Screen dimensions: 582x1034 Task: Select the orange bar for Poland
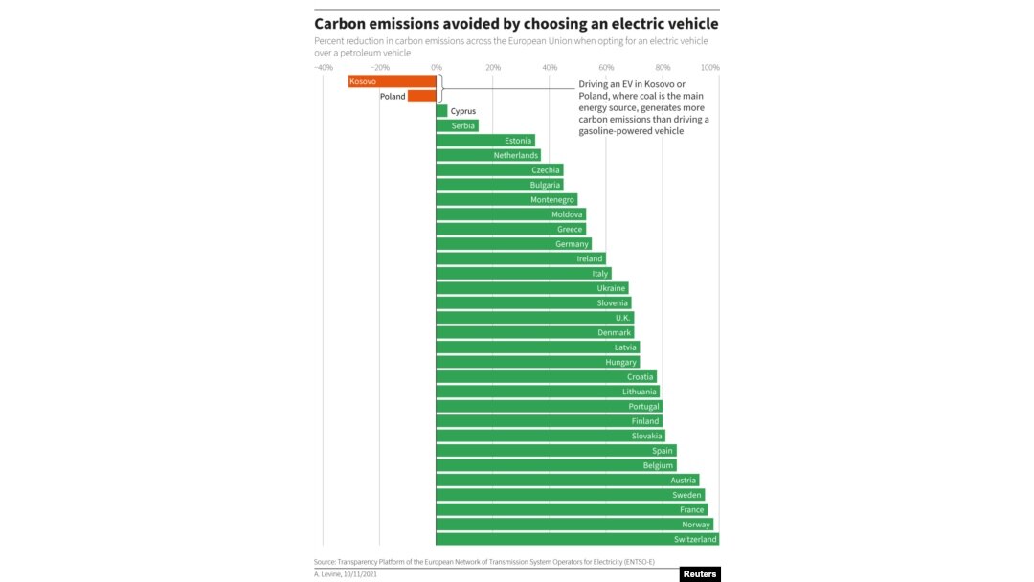(421, 96)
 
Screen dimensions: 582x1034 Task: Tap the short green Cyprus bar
(441, 111)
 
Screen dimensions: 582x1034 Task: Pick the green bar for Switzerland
(577, 539)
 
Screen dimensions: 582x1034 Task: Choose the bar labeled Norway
(574, 525)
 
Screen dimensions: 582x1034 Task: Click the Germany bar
(513, 244)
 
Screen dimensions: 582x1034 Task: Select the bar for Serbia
(457, 125)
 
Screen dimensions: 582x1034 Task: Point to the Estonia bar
(484, 141)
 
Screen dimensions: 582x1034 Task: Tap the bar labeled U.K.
(534, 318)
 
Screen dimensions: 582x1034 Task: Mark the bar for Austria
(567, 480)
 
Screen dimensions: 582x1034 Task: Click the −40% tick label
(323, 67)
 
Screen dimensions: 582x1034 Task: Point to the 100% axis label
(709, 67)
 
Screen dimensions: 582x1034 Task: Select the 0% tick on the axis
(437, 67)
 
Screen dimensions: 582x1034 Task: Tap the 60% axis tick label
(606, 67)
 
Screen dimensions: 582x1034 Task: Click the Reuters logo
(700, 574)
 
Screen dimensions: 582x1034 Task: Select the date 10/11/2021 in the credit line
(361, 573)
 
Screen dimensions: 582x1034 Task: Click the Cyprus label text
(463, 111)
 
